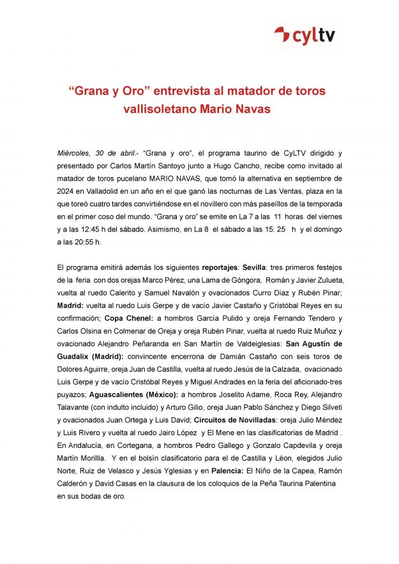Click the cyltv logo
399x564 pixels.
coord(305,36)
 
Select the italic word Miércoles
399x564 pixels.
coord(73,154)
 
